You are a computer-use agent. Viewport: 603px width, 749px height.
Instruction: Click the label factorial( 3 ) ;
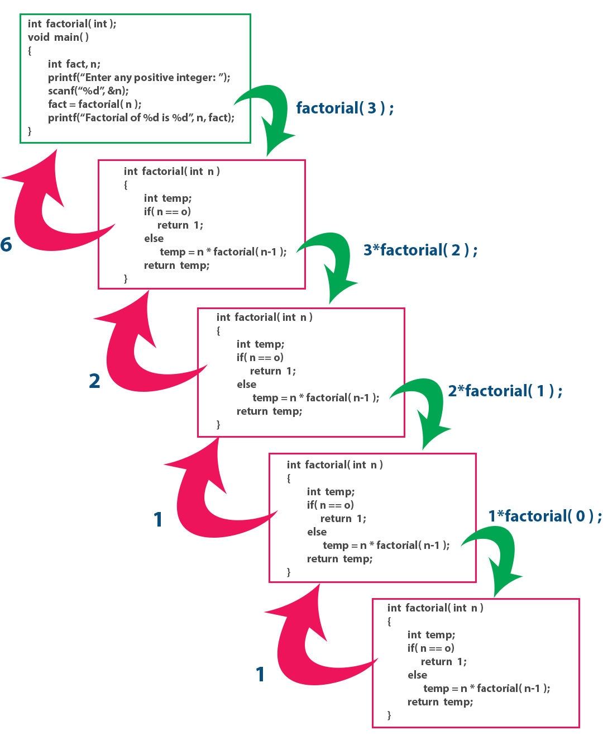pyautogui.click(x=344, y=108)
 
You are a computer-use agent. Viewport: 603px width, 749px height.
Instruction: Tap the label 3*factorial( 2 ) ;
pyautogui.click(x=420, y=250)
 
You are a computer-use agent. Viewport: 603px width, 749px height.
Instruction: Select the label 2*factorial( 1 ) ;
pyautogui.click(x=505, y=391)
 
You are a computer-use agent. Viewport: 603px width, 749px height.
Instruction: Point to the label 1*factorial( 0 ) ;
pyautogui.click(x=544, y=516)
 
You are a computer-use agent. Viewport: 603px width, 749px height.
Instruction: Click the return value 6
pyautogui.click(x=6, y=245)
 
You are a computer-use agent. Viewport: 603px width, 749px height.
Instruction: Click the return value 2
pyautogui.click(x=95, y=381)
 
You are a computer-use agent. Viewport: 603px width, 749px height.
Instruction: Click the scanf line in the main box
pyautogui.click(x=88, y=91)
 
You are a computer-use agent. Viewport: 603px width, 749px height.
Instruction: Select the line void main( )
pyautogui.click(x=58, y=37)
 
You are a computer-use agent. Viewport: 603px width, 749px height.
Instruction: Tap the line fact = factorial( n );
pyautogui.click(x=94, y=104)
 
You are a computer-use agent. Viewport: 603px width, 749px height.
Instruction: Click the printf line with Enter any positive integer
pyautogui.click(x=138, y=77)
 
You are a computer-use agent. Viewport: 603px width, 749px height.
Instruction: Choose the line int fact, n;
pyautogui.click(x=74, y=64)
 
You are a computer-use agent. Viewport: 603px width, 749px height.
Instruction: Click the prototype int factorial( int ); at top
pyautogui.click(x=72, y=23)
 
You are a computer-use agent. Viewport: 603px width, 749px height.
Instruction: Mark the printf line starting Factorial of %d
pyautogui.click(x=141, y=117)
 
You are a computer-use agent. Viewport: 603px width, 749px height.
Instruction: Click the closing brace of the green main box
pyautogui.click(x=30, y=131)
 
